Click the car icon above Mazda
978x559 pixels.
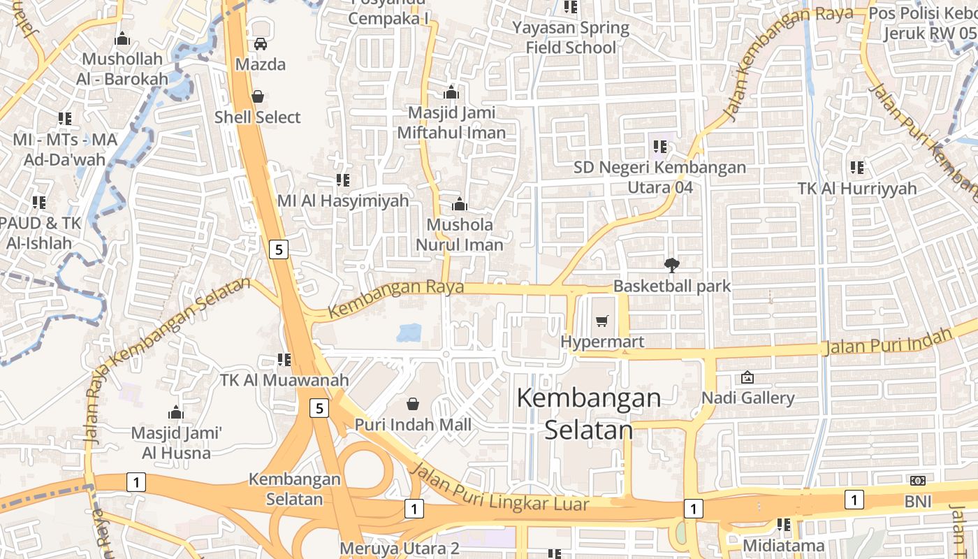pyautogui.click(x=261, y=44)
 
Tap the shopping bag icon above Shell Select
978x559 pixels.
pyautogui.click(x=258, y=96)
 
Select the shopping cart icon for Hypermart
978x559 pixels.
pyautogui.click(x=602, y=321)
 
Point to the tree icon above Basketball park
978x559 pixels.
pyautogui.click(x=672, y=265)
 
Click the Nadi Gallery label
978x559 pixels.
pyautogui.click(x=748, y=398)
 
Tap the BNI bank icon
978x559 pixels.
pyautogui.click(x=918, y=481)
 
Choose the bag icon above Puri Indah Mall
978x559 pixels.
pyautogui.click(x=413, y=404)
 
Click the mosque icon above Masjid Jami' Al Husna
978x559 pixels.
pyautogui.click(x=176, y=412)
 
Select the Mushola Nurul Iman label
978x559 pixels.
pyautogui.click(x=460, y=235)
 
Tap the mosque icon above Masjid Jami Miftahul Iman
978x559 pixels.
pyautogui.click(x=451, y=92)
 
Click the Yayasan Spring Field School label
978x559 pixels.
pyautogui.click(x=571, y=38)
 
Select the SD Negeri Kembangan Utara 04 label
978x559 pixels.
pyautogui.click(x=660, y=177)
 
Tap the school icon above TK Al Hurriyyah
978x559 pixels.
pyautogui.click(x=857, y=168)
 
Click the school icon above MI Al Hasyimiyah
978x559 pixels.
pyautogui.click(x=343, y=180)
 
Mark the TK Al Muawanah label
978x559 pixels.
pyautogui.click(x=284, y=381)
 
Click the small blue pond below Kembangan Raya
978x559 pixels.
pyautogui.click(x=409, y=333)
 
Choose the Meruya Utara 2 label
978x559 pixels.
pyautogui.click(x=400, y=548)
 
